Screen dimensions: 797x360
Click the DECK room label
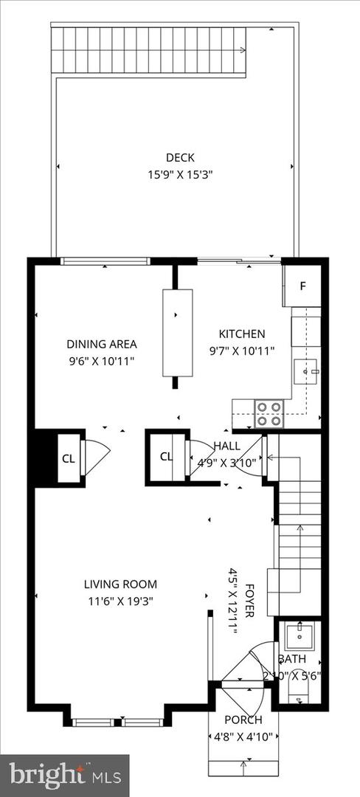tap(179, 156)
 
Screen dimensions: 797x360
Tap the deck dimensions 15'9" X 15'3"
tap(179, 175)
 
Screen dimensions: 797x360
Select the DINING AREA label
tap(102, 344)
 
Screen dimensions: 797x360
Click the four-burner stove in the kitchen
tap(269, 413)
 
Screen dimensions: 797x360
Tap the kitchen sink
tap(305, 369)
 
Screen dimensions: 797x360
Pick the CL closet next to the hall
tap(167, 456)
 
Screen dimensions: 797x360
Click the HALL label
tap(226, 446)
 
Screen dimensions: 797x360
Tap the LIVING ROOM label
tap(120, 584)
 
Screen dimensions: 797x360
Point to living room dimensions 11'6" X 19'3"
tap(120, 601)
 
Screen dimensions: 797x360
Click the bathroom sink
tap(300, 635)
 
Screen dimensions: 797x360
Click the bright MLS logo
tap(64, 775)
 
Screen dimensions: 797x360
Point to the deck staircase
tap(148, 50)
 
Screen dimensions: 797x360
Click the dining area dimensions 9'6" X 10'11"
tap(102, 361)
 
